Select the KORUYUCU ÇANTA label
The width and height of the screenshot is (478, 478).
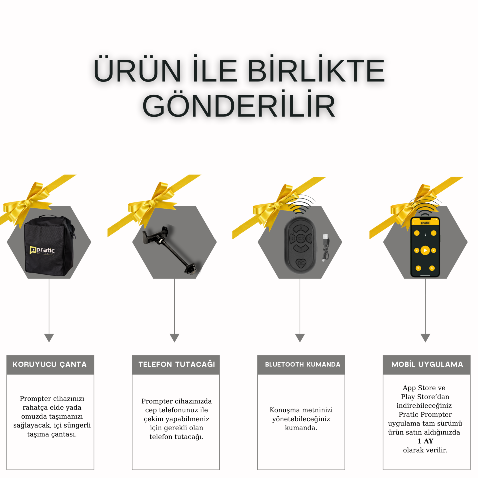pyautogui.click(x=50, y=364)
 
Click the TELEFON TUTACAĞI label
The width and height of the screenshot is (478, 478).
pyautogui.click(x=176, y=364)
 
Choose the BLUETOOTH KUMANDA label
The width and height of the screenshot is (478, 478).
pyautogui.click(x=301, y=364)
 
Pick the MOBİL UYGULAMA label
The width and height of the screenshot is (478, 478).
pyautogui.click(x=427, y=364)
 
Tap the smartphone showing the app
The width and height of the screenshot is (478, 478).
pyautogui.click(x=425, y=246)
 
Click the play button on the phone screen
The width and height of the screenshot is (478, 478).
pyautogui.click(x=425, y=250)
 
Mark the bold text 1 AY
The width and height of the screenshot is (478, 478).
pyautogui.click(x=425, y=441)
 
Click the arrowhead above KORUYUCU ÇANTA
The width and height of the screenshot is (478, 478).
pyautogui.click(x=49, y=338)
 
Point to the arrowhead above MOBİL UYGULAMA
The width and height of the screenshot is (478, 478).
pyautogui.click(x=425, y=338)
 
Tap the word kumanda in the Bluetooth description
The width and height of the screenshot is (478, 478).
pyautogui.click(x=301, y=428)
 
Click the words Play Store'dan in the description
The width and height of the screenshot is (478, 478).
pyautogui.click(x=425, y=397)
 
